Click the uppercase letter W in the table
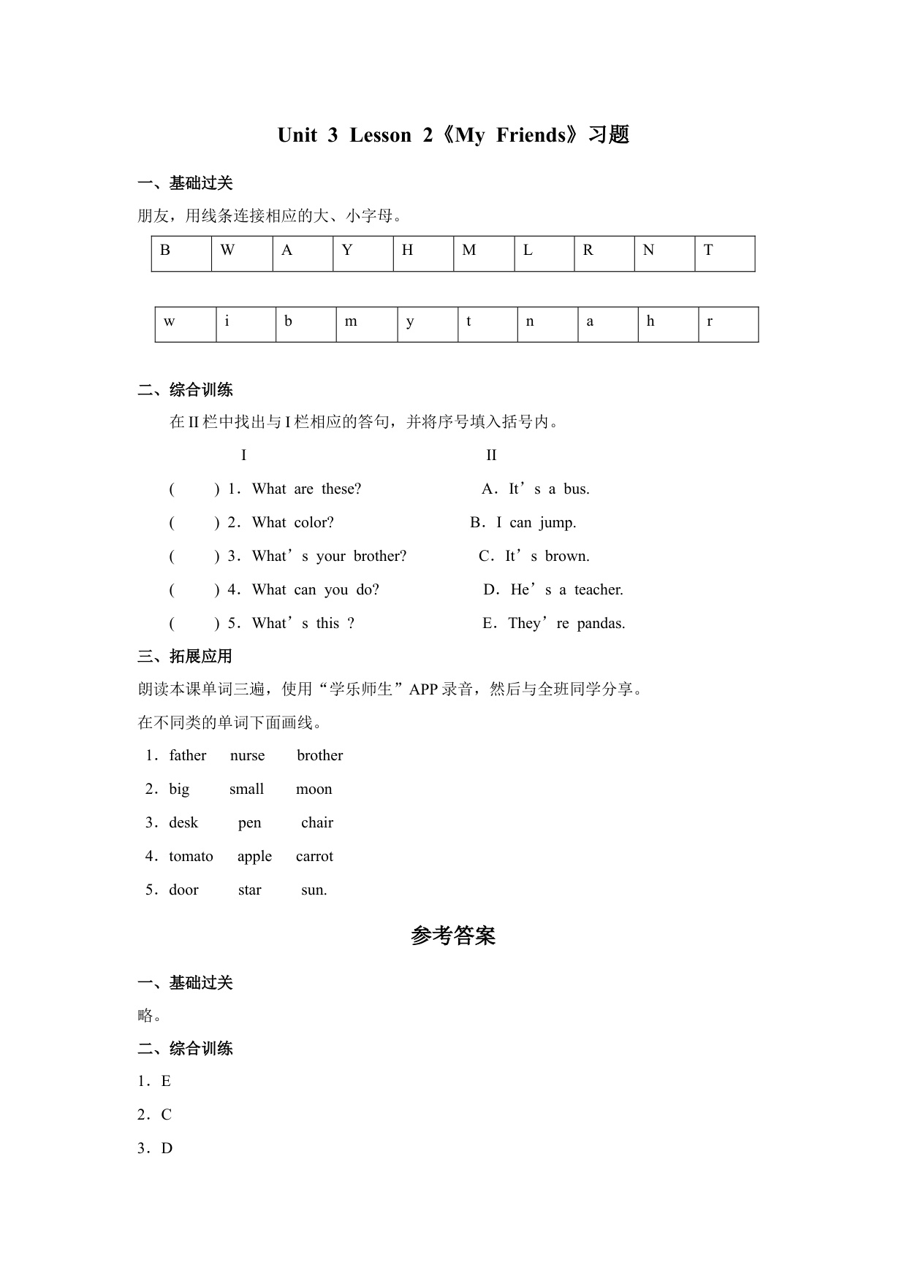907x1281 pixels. [x=227, y=251]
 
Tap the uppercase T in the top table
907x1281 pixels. [x=708, y=251]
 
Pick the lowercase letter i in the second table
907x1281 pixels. [x=227, y=321]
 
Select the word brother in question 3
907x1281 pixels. [x=380, y=557]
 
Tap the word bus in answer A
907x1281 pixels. [x=576, y=489]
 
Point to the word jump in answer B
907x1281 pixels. [x=558, y=523]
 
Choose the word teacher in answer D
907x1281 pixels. [x=599, y=590]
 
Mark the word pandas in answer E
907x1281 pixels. [x=601, y=624]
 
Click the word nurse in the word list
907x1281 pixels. [x=247, y=756]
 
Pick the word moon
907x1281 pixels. [x=314, y=789]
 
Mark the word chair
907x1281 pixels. [x=317, y=823]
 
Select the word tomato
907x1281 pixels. [x=191, y=857]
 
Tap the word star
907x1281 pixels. [x=249, y=890]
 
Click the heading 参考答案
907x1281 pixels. [x=453, y=936]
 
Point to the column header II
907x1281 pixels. [x=491, y=456]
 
